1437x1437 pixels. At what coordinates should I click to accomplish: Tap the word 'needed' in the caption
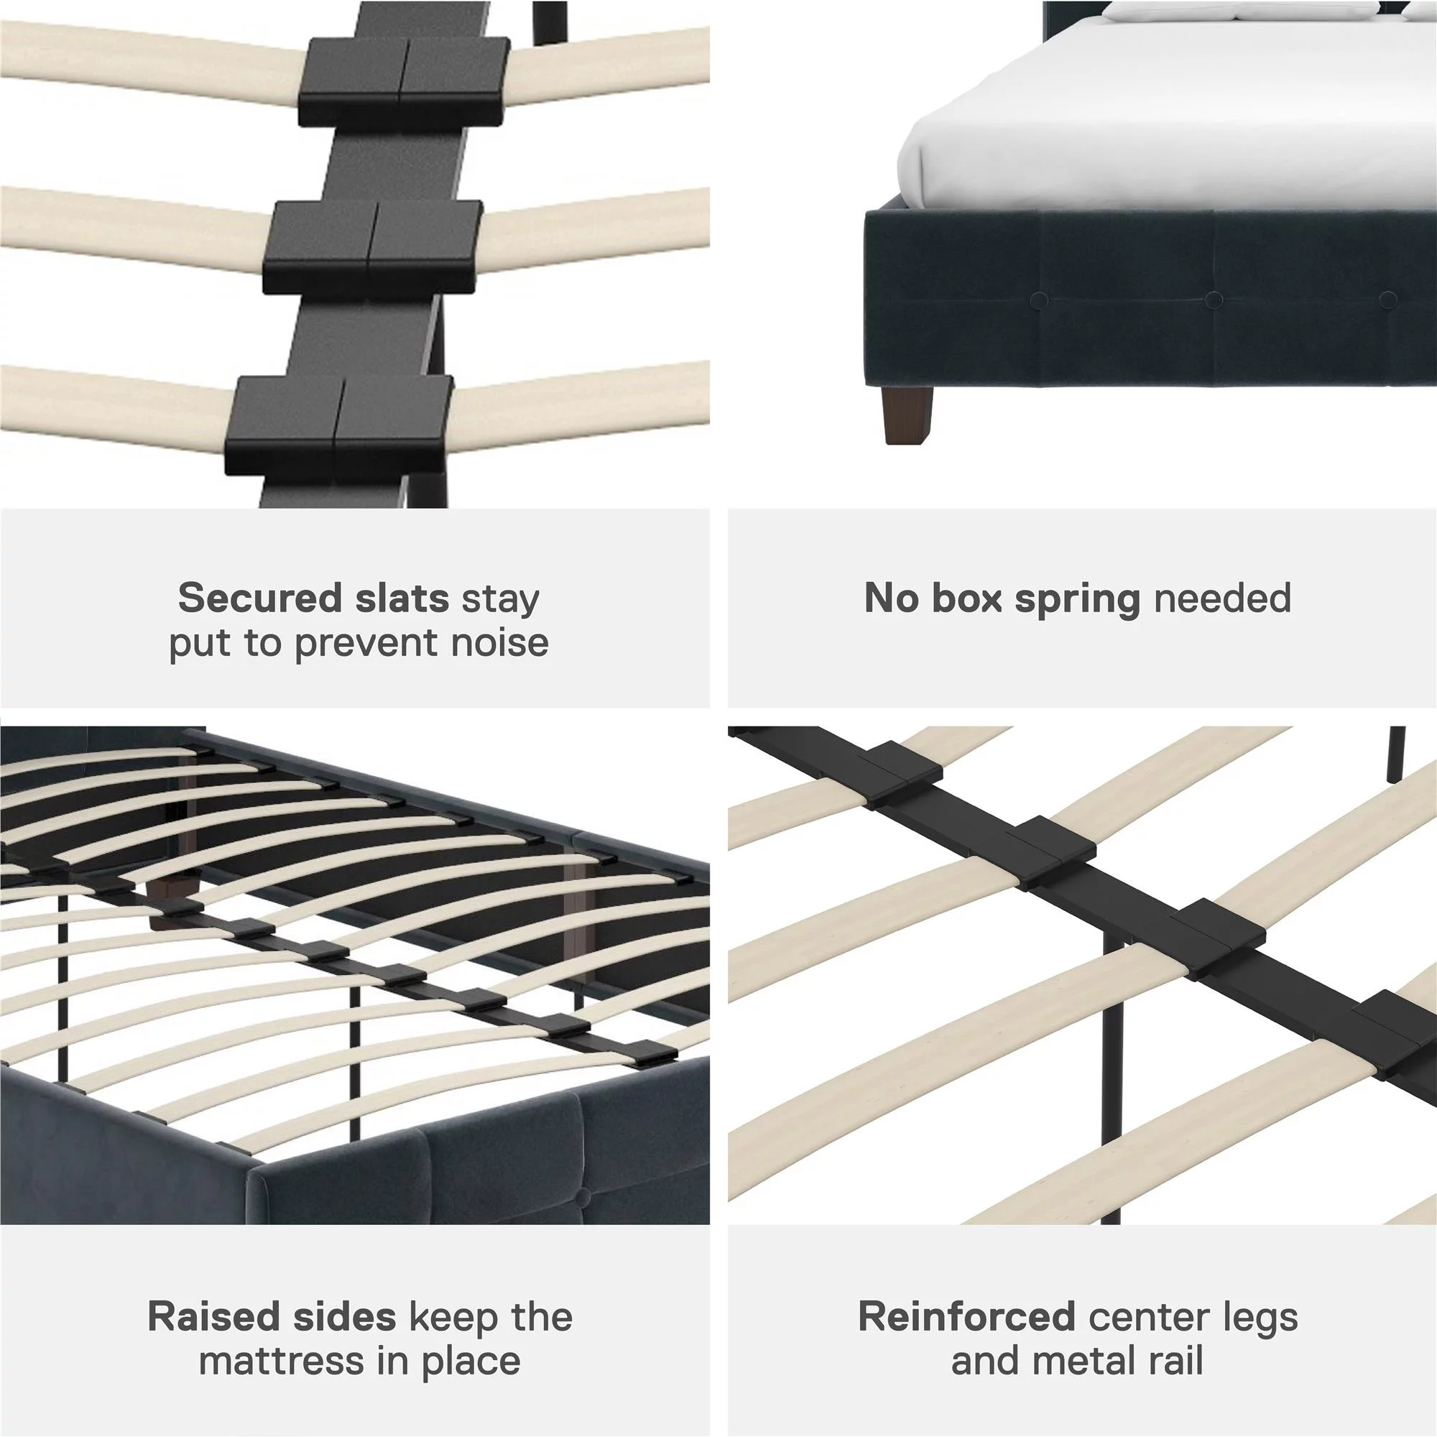click(1222, 598)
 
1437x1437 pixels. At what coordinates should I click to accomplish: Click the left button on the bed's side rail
click(1039, 300)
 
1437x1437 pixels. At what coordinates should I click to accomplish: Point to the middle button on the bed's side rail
click(1213, 300)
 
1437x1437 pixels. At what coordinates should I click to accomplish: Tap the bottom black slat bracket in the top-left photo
click(338, 425)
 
